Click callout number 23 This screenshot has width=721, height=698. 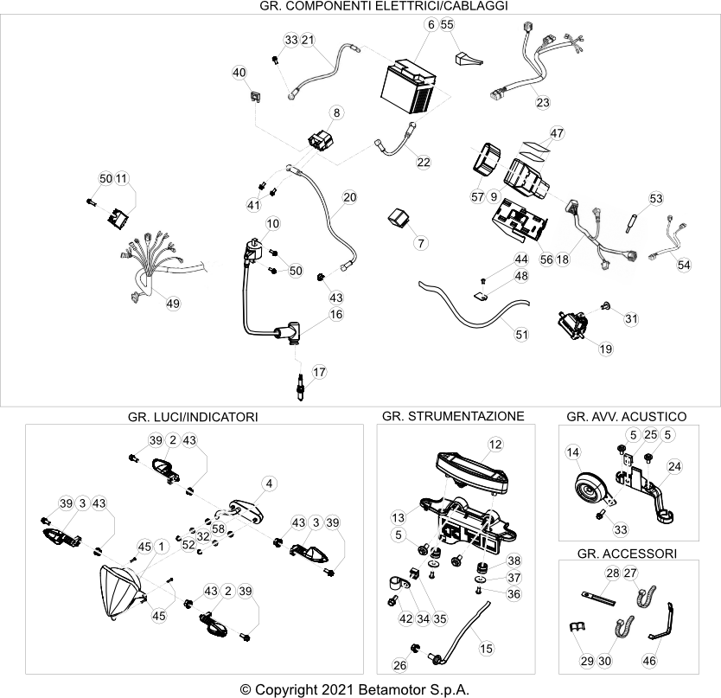[x=543, y=102]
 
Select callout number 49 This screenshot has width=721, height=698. [x=173, y=304]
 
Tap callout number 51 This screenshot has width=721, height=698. [x=521, y=334]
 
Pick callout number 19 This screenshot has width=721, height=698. [x=605, y=349]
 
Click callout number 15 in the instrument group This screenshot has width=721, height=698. [x=486, y=649]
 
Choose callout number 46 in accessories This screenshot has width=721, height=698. [x=648, y=661]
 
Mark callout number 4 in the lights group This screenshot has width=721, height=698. [x=269, y=483]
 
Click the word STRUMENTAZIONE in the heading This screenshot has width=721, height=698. [x=466, y=416]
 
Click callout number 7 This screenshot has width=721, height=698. [x=421, y=243]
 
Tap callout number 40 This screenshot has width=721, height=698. [x=239, y=73]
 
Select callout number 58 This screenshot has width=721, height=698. [x=219, y=528]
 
